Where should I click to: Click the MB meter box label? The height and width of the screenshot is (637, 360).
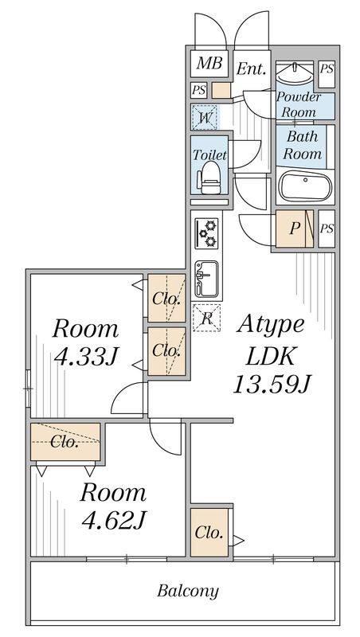209,64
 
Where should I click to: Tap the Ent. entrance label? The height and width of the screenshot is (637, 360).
252,68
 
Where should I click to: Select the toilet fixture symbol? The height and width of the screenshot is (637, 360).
209,178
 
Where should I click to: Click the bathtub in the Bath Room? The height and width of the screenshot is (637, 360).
305,186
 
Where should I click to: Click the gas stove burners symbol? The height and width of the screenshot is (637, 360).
206,233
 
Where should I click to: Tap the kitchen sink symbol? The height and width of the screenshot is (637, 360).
206,279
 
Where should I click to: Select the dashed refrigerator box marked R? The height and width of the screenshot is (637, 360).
206,318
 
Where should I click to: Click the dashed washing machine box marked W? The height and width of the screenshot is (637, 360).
205,118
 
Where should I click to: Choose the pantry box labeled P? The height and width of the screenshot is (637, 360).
295,229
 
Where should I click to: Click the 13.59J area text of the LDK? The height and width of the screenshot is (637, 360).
272,385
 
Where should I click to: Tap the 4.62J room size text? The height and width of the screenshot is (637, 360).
114,520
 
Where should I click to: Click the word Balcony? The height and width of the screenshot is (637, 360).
188,591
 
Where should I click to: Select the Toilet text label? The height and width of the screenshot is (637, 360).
209,154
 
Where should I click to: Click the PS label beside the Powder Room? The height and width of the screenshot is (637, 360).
327,68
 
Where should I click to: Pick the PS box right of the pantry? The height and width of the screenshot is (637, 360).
327,229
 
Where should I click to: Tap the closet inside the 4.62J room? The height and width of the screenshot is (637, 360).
65,442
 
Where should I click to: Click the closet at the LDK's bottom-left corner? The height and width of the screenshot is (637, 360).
209,532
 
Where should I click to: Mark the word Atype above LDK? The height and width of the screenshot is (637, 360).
271,326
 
